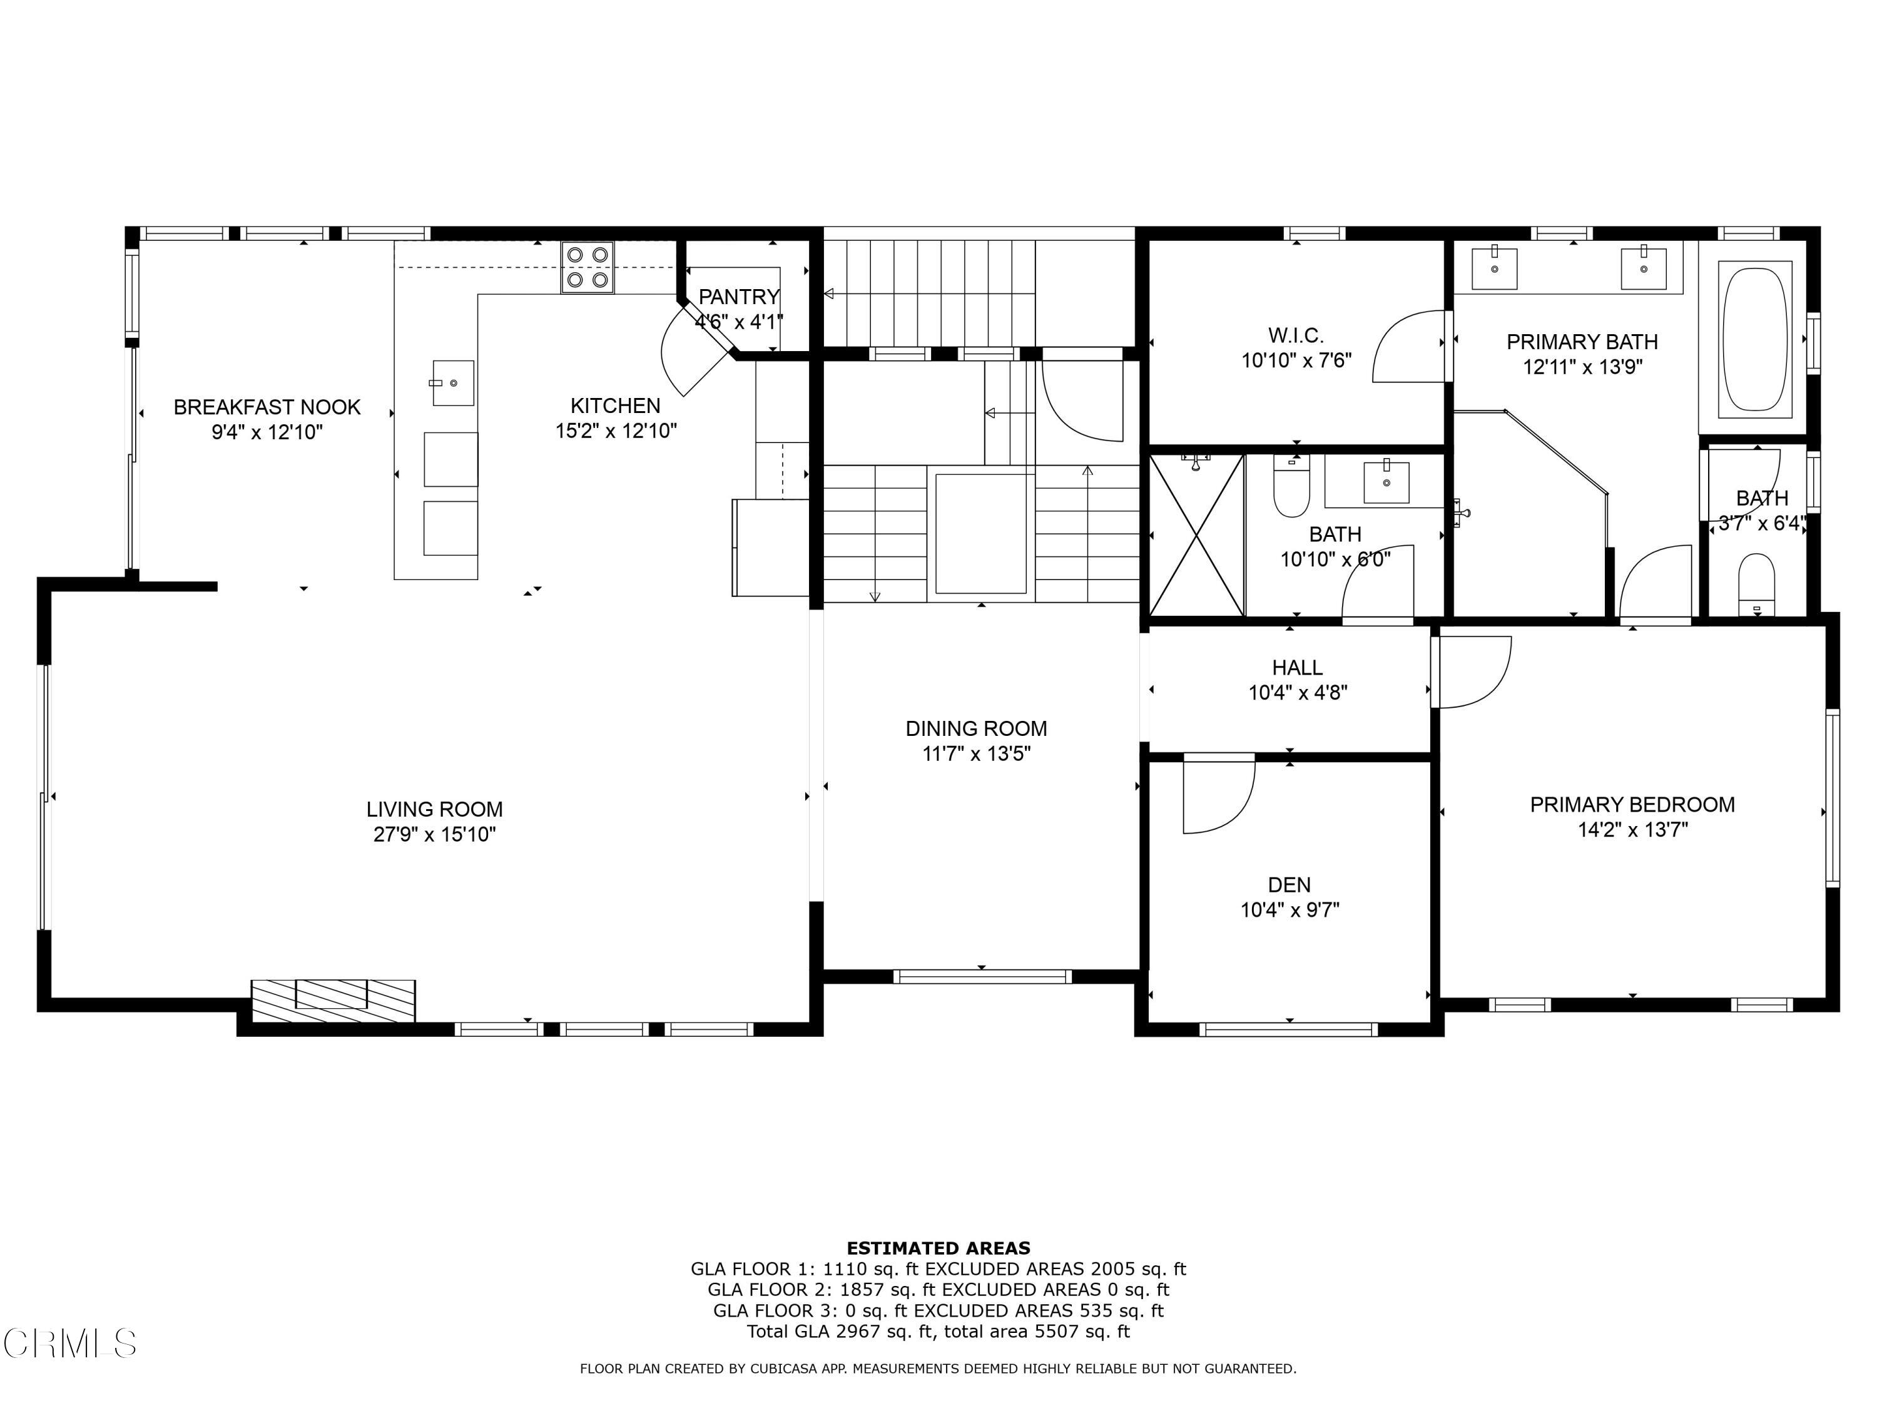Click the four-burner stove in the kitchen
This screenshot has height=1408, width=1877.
(x=586, y=267)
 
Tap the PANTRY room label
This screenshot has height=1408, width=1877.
(x=738, y=297)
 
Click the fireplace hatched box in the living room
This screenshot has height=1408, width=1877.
(x=333, y=1000)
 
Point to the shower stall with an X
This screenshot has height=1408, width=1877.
(x=1196, y=534)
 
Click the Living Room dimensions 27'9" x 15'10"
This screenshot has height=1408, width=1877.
(x=434, y=834)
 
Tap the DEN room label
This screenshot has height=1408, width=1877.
(x=1289, y=885)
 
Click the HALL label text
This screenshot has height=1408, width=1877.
(x=1296, y=668)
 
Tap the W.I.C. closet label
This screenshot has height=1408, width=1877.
(x=1296, y=335)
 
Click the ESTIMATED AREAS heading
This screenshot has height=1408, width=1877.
(x=938, y=1248)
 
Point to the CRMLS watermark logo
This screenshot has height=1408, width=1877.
(x=69, y=1344)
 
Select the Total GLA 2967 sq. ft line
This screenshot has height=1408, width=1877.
(x=938, y=1331)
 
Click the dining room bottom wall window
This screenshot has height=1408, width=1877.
(x=982, y=977)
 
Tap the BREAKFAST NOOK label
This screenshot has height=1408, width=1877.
(x=267, y=407)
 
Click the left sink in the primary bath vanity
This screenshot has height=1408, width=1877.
(x=1493, y=268)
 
